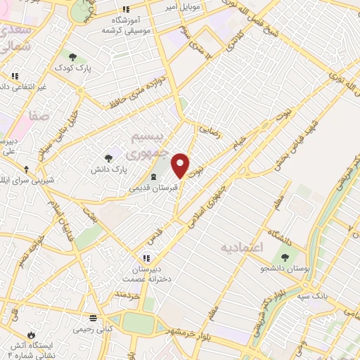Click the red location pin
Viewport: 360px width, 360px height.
(181, 165)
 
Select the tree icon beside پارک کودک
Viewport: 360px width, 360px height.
(72, 56)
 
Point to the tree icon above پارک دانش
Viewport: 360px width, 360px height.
(108, 158)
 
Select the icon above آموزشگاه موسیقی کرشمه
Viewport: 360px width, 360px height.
(126, 10)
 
